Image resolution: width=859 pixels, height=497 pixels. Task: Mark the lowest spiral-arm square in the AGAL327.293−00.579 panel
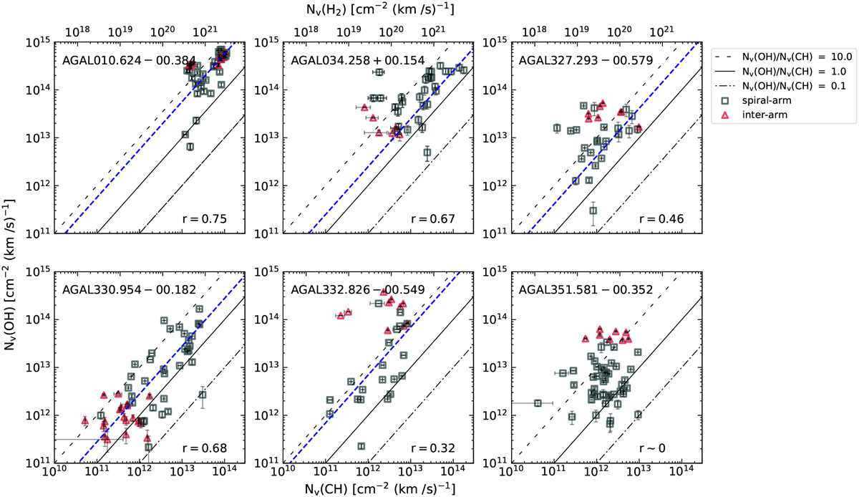click(593, 211)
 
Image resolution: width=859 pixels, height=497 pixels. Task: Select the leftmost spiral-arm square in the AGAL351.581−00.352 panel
click(538, 403)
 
